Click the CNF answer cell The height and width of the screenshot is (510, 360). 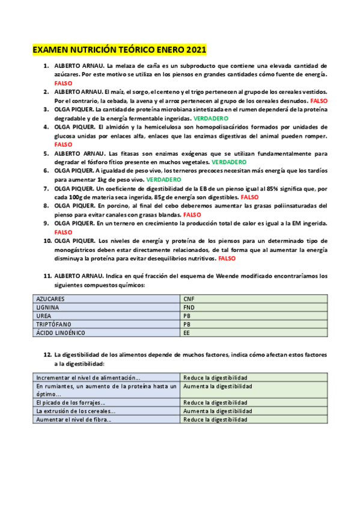(x=254, y=298)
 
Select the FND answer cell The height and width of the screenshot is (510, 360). (x=254, y=307)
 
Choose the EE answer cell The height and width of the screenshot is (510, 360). (x=254, y=332)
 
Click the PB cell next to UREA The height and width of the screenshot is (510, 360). (x=254, y=315)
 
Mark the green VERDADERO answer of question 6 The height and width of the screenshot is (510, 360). (x=163, y=179)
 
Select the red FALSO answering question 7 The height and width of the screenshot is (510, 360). (x=249, y=197)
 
